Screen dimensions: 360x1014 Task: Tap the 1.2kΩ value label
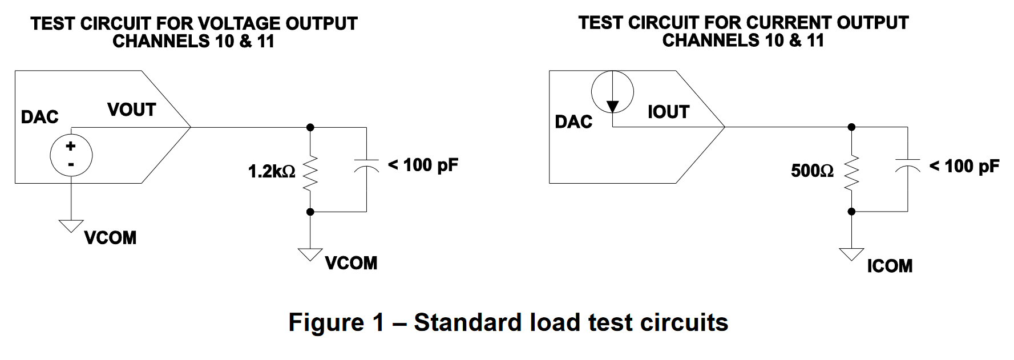[272, 171]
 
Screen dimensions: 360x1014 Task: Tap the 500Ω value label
[812, 171]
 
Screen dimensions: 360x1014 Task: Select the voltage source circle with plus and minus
[71, 155]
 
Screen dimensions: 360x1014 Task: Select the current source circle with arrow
[612, 92]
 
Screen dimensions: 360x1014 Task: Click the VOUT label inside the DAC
[132, 110]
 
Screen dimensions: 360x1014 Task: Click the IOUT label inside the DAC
[668, 112]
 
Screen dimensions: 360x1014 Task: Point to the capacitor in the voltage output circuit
[366, 165]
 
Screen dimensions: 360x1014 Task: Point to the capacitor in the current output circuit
[907, 165]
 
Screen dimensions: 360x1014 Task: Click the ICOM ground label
[890, 266]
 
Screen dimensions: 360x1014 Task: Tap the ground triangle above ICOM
[851, 253]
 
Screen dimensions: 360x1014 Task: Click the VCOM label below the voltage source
[110, 237]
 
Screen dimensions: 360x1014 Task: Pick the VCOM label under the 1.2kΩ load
[351, 263]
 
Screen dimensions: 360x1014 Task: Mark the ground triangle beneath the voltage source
[71, 226]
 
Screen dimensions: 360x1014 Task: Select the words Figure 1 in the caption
[336, 322]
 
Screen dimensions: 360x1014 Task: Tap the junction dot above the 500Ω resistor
[851, 127]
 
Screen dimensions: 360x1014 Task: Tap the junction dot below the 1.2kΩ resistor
[310, 212]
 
